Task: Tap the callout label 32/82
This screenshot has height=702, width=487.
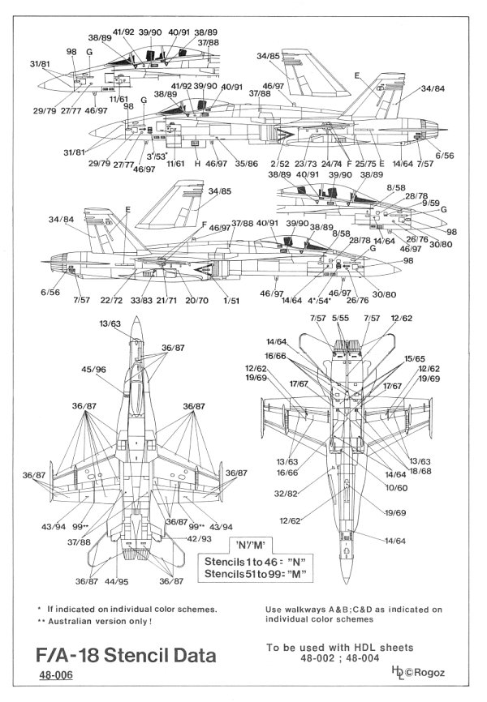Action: coord(309,494)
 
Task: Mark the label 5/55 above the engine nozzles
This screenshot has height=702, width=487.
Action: coord(340,319)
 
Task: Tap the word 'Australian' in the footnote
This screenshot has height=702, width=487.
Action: coord(75,621)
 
